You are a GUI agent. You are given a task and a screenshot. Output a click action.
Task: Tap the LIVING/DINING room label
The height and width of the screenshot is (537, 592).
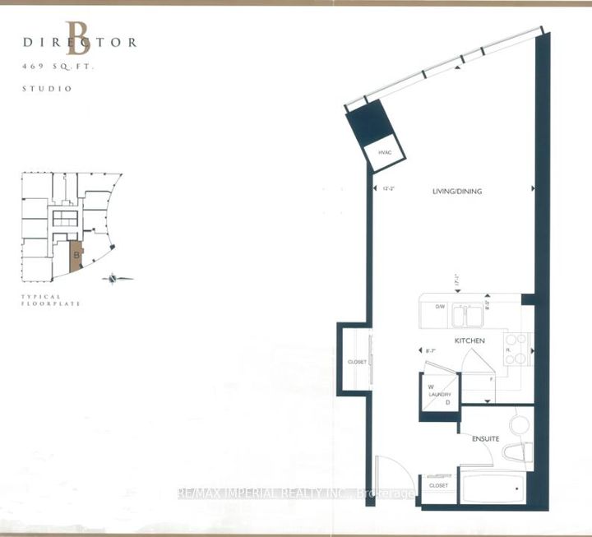pos(457,192)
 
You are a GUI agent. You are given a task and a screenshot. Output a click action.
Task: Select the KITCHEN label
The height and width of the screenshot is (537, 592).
pos(469,340)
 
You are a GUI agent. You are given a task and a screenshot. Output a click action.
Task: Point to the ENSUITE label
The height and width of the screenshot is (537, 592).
pos(486,439)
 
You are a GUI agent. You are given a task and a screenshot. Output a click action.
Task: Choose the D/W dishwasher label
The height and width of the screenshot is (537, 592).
pos(440,308)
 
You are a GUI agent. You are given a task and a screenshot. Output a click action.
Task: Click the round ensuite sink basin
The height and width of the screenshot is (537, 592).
pos(520,424)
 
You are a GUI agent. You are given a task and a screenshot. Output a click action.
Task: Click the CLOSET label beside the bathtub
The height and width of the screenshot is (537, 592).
pos(439,486)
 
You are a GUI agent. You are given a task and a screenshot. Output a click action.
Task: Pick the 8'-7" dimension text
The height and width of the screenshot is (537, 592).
pos(429,352)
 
